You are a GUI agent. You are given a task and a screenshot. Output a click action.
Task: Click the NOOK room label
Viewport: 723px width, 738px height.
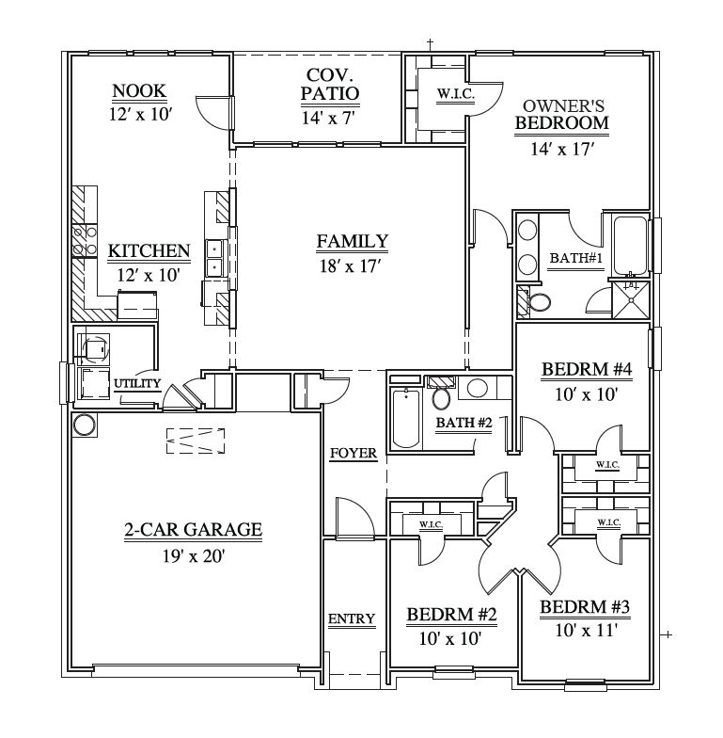coord(139,90)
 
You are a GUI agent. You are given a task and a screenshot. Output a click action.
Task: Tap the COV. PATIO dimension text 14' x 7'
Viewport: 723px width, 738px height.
coord(327,118)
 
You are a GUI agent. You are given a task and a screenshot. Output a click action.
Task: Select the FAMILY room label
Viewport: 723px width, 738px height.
coord(352,241)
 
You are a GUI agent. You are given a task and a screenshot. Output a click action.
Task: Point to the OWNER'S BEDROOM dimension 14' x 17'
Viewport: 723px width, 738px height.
coord(562,149)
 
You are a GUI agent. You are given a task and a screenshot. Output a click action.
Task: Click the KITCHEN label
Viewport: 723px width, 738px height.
coord(149,250)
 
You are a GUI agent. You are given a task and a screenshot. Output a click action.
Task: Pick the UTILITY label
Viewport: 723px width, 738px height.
coord(137,384)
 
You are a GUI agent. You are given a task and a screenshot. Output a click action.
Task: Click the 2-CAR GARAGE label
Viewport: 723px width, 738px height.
coord(194,529)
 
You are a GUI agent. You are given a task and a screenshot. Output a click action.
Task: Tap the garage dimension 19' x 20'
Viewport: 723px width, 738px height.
coord(194,555)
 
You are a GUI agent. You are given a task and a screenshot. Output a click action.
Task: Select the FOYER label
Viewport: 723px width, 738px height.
coord(354,454)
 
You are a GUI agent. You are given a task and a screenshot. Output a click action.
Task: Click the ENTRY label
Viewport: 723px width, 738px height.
coord(352,618)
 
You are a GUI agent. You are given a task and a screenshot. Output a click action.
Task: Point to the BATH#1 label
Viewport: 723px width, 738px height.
coord(575,258)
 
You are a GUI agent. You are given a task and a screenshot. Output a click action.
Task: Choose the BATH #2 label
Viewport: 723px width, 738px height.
coord(464,423)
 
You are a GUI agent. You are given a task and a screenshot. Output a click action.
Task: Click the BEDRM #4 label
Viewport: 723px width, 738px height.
coord(587,369)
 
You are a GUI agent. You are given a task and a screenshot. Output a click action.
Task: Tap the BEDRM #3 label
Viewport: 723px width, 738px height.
coord(585,606)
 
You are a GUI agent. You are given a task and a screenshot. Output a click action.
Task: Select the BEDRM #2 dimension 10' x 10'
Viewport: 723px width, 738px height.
coord(450,638)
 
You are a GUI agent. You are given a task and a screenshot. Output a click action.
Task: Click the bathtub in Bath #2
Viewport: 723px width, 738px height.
coord(406,418)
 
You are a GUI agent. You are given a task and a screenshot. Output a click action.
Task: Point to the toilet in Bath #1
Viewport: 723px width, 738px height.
coord(538,303)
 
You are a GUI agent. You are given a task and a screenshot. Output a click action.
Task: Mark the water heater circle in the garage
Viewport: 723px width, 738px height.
coord(85,425)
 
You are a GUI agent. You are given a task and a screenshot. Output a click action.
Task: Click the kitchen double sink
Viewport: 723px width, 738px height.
coord(214,260)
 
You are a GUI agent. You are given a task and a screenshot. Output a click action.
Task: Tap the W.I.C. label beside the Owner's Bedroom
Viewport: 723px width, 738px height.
coord(456,94)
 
